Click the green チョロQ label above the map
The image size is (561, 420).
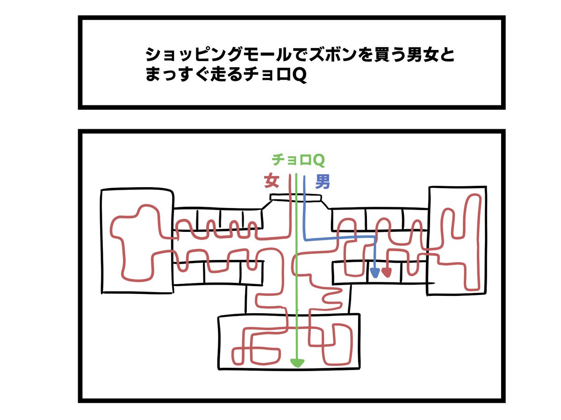coord(298,160)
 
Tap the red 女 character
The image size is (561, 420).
coord(271,181)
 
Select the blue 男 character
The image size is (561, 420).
coord(323,182)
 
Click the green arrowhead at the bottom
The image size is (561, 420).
coord(297,363)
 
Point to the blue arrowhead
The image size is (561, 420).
coord(374,273)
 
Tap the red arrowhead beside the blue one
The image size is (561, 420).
coord(387,273)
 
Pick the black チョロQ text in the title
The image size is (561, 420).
coord(275,75)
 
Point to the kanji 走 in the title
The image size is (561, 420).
coord(217,75)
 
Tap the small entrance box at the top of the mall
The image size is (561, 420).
coord(296,197)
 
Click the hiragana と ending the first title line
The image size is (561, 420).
coord(447,55)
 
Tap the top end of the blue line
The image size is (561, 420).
coord(304,176)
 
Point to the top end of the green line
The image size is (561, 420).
coord(296,175)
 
